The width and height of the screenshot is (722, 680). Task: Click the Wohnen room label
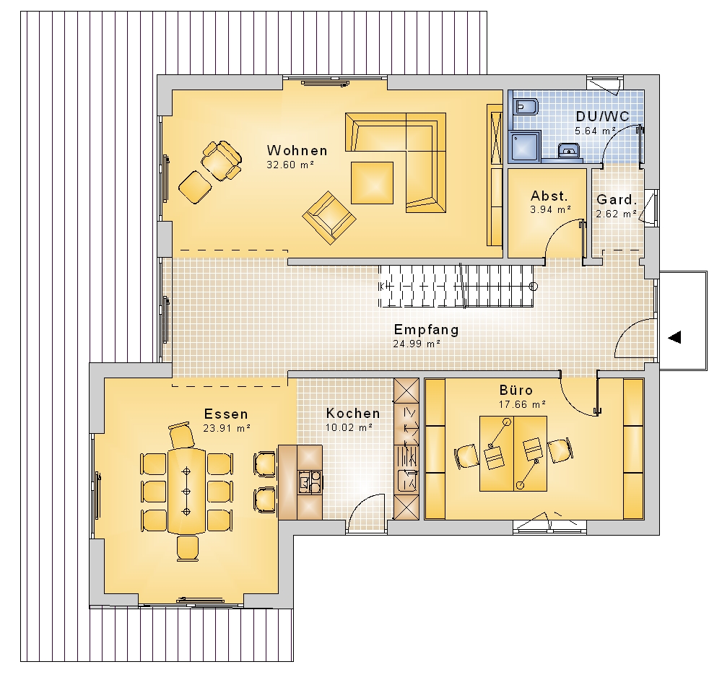click(297, 151)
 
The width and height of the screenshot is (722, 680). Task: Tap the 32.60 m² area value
click(290, 165)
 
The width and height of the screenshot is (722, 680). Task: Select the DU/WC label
click(602, 116)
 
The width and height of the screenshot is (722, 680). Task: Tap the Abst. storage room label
click(549, 196)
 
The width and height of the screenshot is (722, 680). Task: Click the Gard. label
click(617, 200)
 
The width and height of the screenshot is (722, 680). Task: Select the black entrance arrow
click(674, 337)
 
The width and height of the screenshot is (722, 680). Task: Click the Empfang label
click(427, 330)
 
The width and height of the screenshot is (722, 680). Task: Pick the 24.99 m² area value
click(417, 344)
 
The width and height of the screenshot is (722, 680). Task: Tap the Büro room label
click(516, 391)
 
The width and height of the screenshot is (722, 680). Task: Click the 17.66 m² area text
click(522, 404)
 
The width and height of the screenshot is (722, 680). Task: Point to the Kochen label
click(353, 414)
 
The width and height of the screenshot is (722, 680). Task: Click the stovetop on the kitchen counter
click(310, 481)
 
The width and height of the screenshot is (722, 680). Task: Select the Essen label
click(226, 414)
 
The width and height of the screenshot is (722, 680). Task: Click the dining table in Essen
click(186, 491)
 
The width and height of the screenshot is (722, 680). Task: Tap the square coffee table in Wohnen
click(372, 183)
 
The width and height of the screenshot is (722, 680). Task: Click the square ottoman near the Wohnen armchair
click(195, 187)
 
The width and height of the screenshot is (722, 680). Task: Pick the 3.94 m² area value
click(551, 209)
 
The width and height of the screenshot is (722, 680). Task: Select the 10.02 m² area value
click(349, 427)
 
